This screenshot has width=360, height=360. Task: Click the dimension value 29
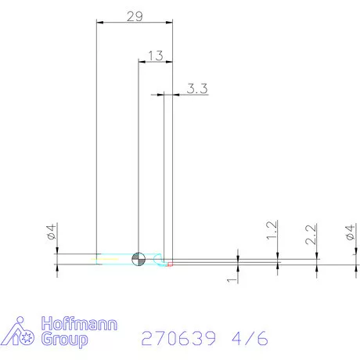[134, 16]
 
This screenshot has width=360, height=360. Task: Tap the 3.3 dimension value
[196, 89]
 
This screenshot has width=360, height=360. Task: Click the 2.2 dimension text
[311, 233]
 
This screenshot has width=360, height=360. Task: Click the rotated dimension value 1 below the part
[232, 279]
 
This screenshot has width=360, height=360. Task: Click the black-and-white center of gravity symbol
[139, 258]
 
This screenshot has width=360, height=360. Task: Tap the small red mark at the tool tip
[170, 263]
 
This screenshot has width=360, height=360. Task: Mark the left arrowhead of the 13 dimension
[141, 61]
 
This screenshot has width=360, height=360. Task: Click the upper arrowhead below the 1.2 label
[277, 251]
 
